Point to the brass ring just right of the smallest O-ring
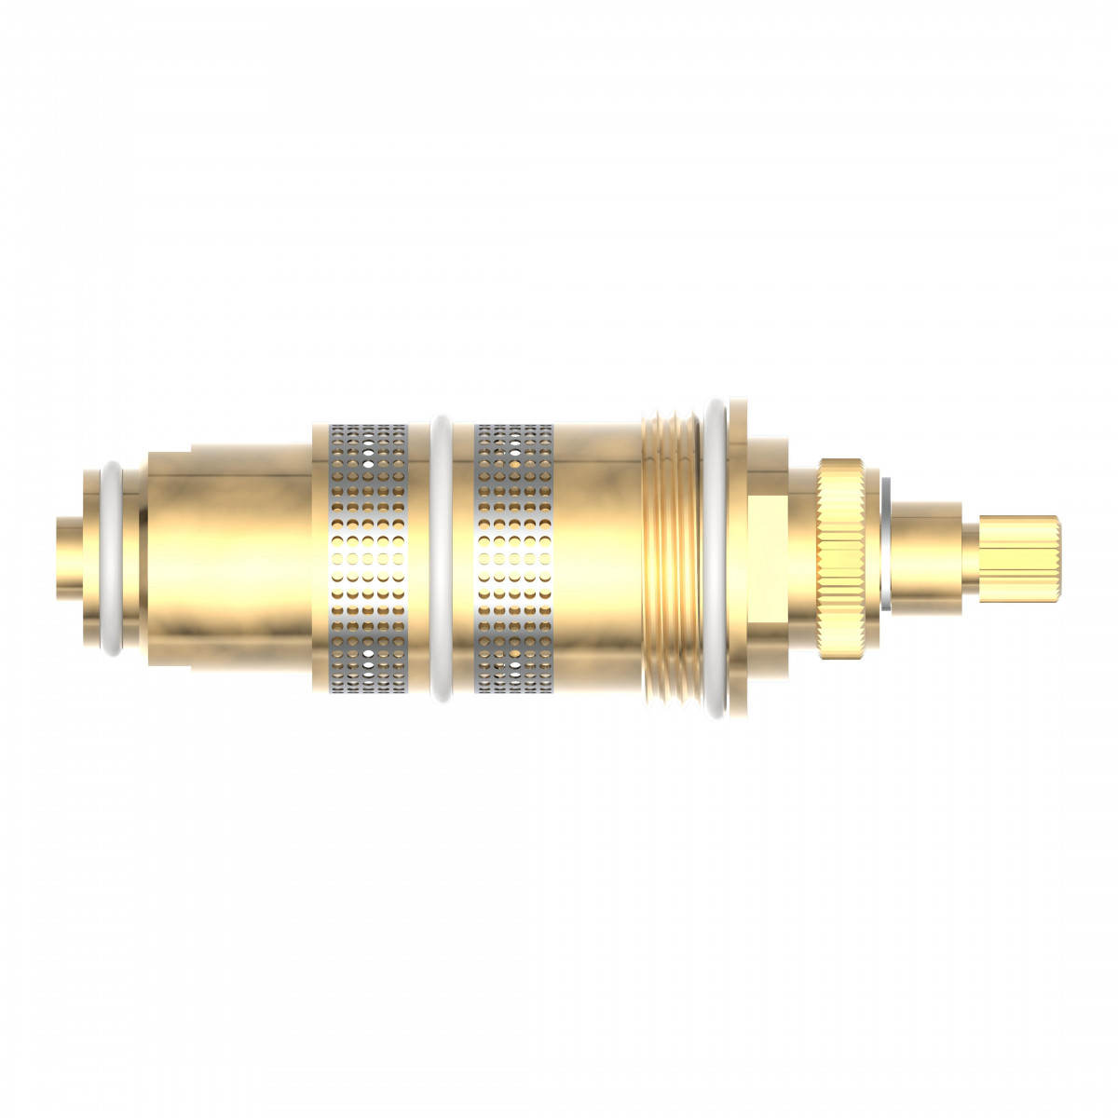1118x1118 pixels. [x=136, y=559]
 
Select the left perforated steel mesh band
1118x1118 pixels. [x=369, y=559]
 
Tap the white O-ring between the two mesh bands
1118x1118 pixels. [x=442, y=559]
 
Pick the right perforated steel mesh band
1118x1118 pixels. [x=514, y=559]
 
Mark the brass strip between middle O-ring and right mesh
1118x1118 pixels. [x=464, y=559]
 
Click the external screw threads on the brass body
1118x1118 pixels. [x=671, y=559]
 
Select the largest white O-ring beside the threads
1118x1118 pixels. [x=716, y=559]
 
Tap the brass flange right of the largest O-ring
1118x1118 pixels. [x=738, y=559]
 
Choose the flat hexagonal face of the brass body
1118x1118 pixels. [x=770, y=559]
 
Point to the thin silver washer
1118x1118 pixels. [x=886, y=559]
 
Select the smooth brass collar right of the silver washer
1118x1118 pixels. [x=926, y=559]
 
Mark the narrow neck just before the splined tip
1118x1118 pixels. [x=969, y=559]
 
